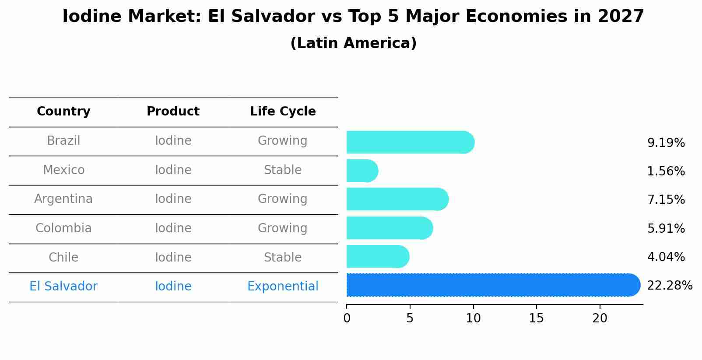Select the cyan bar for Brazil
pos(410,142)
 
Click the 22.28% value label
pos(669,286)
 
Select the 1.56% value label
pos(666,171)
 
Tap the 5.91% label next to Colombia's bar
pos(666,228)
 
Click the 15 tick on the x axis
pos(536,318)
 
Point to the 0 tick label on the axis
pos(347,318)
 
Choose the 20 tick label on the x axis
pos(600,318)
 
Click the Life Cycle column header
pos(283,112)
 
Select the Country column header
pos(63,112)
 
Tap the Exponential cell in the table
pos(283,287)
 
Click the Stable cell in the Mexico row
pos(283,170)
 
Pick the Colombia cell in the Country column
pos(63,228)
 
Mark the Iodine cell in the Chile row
pos(173,258)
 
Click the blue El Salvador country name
pos(63,287)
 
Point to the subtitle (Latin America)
pos(353,43)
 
